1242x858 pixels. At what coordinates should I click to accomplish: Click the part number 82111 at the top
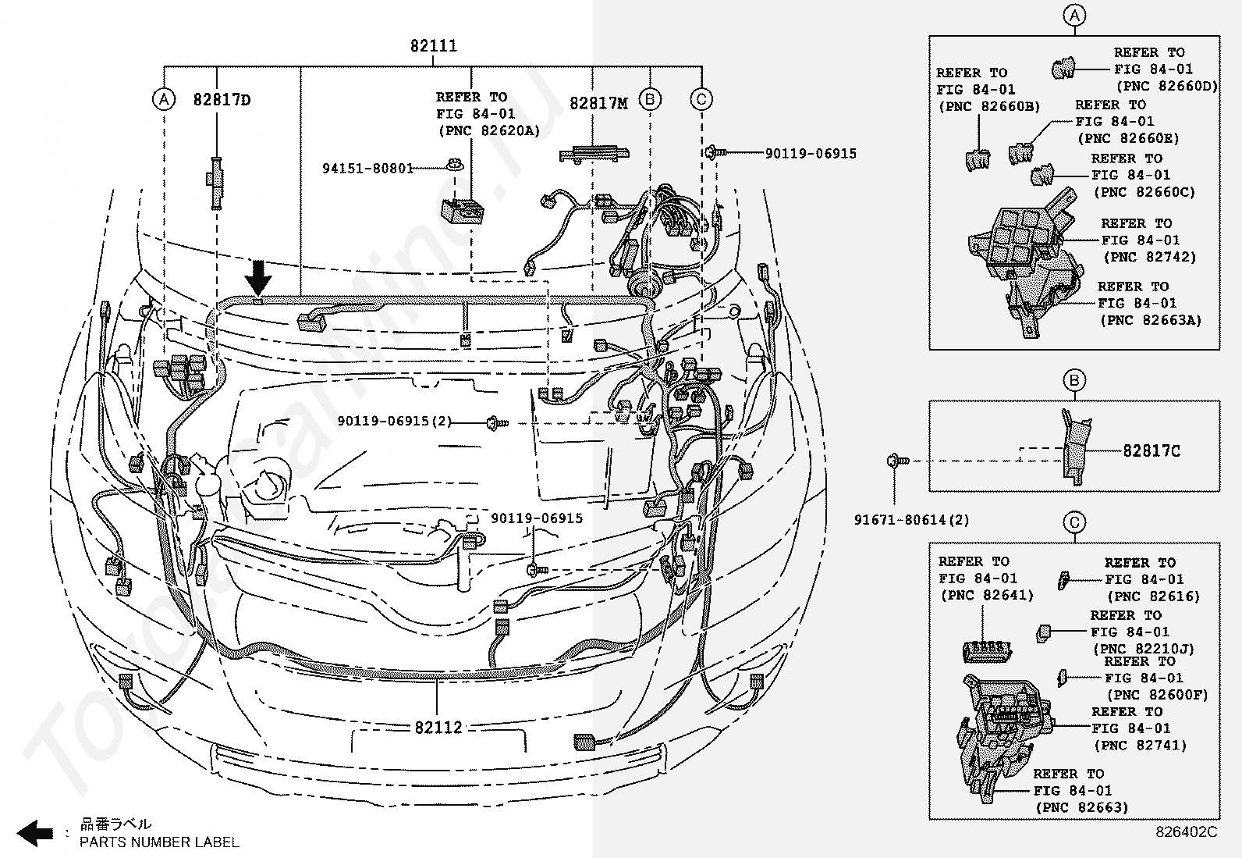(434, 45)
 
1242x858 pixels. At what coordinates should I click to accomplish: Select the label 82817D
(222, 100)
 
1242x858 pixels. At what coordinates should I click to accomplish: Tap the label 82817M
(599, 103)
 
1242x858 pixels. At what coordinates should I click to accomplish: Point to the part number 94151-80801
(368, 168)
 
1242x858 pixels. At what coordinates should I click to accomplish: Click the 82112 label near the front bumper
(438, 727)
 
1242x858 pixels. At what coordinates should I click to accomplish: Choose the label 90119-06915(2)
(394, 422)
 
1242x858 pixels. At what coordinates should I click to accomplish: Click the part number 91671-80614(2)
(911, 520)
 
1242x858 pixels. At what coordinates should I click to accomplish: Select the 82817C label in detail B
(1152, 450)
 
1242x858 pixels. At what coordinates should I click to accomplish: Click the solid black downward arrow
(258, 278)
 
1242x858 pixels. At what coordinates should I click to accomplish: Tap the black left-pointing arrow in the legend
(34, 833)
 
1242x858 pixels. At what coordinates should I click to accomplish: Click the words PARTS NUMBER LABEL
(160, 842)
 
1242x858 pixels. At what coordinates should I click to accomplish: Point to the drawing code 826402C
(1186, 832)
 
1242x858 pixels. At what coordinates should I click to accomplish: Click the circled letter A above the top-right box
(1074, 16)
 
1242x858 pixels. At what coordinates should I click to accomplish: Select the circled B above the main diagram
(651, 99)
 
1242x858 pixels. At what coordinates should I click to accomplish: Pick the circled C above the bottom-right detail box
(1074, 522)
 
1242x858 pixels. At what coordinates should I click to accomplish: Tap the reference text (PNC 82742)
(1150, 257)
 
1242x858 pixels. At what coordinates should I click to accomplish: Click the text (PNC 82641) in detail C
(988, 596)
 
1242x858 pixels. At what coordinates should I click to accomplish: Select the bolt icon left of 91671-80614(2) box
(898, 461)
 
